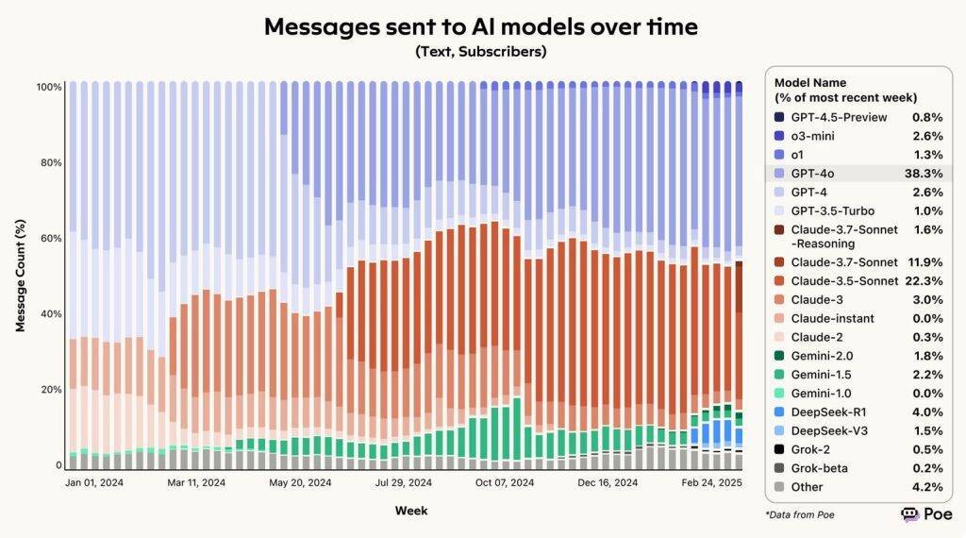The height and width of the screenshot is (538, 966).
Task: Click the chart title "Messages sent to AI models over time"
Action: tap(481, 26)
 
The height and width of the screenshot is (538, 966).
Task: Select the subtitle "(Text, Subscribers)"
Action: tap(481, 52)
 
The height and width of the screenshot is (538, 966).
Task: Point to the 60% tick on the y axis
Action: tap(50, 238)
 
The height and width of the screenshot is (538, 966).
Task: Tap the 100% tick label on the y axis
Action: tap(49, 87)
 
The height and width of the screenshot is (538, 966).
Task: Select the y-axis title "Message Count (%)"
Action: tap(20, 276)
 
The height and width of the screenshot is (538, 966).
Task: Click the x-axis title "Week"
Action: tap(410, 511)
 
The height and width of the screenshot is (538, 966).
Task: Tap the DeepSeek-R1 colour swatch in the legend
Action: tap(778, 412)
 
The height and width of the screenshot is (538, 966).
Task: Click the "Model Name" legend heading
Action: tap(810, 83)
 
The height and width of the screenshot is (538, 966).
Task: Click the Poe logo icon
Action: tap(910, 514)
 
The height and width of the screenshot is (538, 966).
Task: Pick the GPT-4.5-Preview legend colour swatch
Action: tap(778, 117)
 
